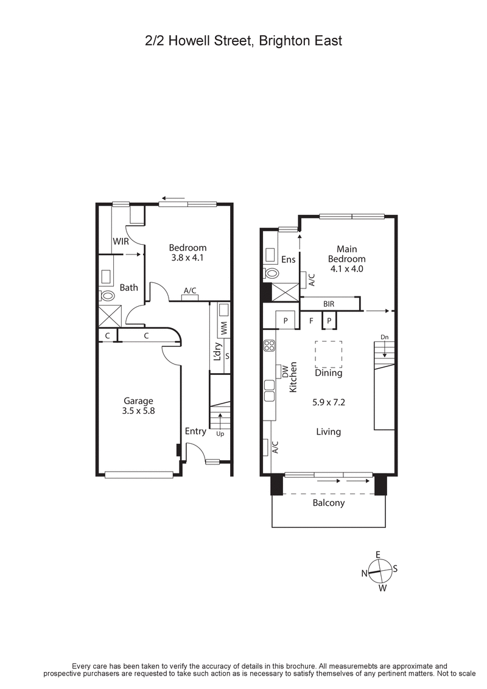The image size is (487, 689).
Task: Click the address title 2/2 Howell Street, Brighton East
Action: pyautogui.click(x=243, y=41)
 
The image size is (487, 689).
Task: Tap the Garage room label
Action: pyautogui.click(x=138, y=400)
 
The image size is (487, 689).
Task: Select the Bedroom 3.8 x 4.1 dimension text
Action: pyautogui.click(x=187, y=257)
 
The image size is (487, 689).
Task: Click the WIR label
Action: pyautogui.click(x=121, y=242)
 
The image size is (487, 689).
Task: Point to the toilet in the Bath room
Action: pyautogui.click(x=108, y=296)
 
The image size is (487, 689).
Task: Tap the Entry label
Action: pyautogui.click(x=195, y=431)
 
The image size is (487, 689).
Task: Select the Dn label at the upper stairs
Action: pyautogui.click(x=384, y=337)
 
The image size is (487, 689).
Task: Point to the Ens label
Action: pyautogui.click(x=289, y=260)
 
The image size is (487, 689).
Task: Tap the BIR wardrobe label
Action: pyautogui.click(x=329, y=303)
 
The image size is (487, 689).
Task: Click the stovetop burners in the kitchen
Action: pyautogui.click(x=268, y=346)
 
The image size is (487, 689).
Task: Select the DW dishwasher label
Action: pyautogui.click(x=284, y=371)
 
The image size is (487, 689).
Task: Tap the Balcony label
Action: pyautogui.click(x=328, y=503)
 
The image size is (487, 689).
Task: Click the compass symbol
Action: pyautogui.click(x=379, y=571)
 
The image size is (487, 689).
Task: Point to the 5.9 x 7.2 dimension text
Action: pyautogui.click(x=329, y=402)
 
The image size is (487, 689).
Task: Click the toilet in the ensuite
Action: pyautogui.click(x=270, y=274)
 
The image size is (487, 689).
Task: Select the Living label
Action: pyautogui.click(x=328, y=432)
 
